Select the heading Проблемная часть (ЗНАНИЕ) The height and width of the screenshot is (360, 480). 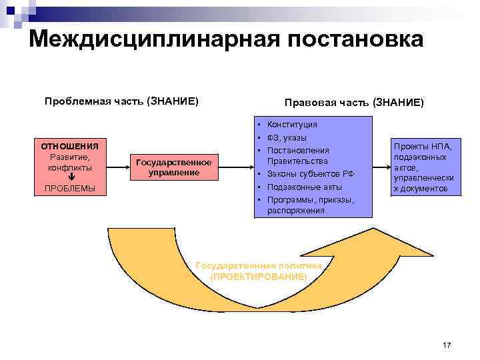pyautogui.click(x=121, y=101)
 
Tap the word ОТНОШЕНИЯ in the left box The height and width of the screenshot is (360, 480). pyautogui.click(x=69, y=146)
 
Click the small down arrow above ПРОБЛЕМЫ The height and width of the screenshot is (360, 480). pyautogui.click(x=71, y=178)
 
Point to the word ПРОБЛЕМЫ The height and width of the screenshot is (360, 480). pyautogui.click(x=69, y=189)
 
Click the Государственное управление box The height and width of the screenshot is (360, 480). pyautogui.click(x=173, y=167)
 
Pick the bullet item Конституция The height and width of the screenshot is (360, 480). pyautogui.click(x=292, y=125)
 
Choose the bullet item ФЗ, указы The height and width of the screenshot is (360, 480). pyautogui.click(x=287, y=137)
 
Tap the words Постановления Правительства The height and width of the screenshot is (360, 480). pyautogui.click(x=298, y=155)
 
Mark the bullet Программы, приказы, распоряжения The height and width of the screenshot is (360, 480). pyautogui.click(x=310, y=205)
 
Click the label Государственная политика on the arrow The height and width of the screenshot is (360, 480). pyautogui.click(x=259, y=265)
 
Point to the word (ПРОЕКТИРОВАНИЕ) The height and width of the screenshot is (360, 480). pyautogui.click(x=259, y=276)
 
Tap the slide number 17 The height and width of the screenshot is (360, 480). pyautogui.click(x=446, y=345)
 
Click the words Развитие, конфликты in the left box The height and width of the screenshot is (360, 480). pyautogui.click(x=69, y=162)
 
